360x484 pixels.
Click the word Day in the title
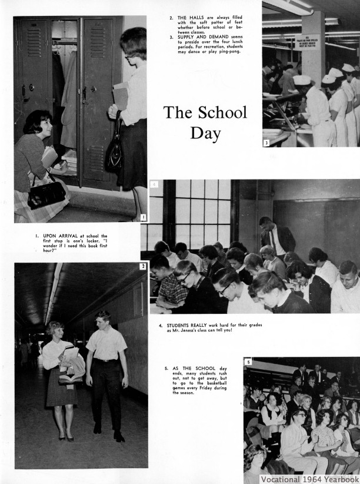[205, 133]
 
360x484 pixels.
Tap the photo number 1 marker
[144, 217]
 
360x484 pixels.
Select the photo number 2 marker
[143, 267]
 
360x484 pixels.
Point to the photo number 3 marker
[266, 142]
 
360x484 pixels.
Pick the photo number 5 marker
[248, 362]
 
